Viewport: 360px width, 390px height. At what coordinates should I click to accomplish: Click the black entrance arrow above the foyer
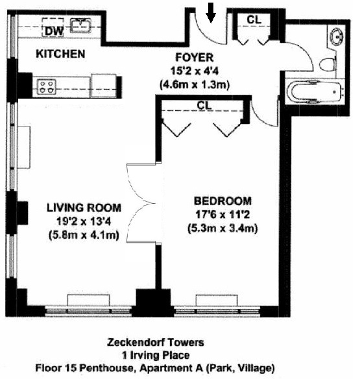(x=211, y=11)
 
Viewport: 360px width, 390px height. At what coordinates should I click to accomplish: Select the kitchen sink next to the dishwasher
(x=80, y=26)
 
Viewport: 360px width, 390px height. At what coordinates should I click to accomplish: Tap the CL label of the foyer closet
(x=254, y=20)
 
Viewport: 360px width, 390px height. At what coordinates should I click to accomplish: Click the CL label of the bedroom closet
(x=203, y=104)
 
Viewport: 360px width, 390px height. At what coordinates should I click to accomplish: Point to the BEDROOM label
(x=222, y=201)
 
